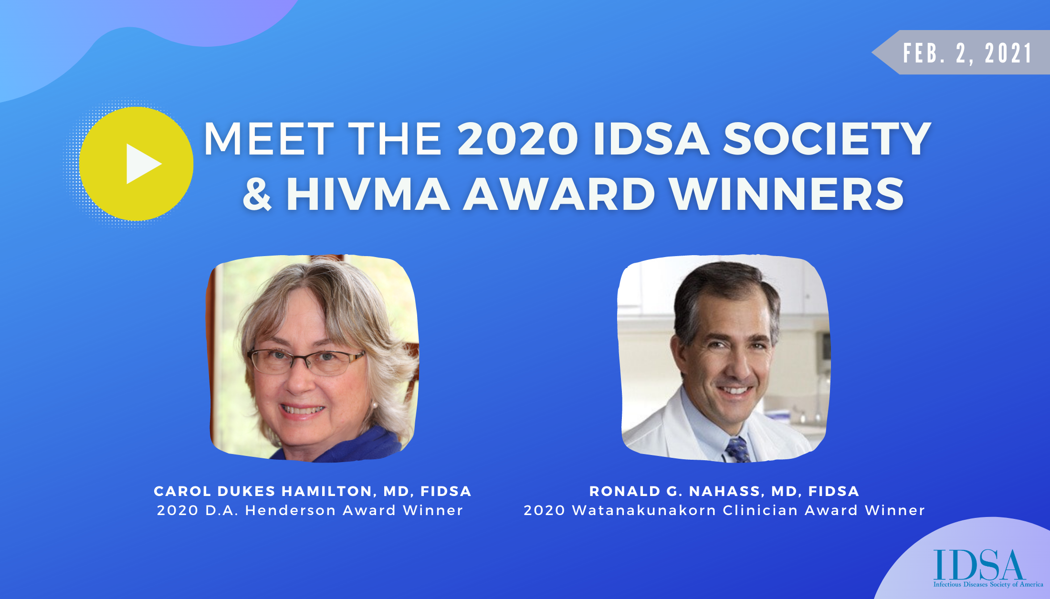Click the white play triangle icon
pos(142,164)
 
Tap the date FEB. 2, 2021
pos(968,53)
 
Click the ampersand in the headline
pos(257,194)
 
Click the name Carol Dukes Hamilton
pos(262,491)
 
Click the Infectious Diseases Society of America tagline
pos(988,584)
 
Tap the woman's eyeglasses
pos(306,361)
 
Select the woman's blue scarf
pos(344,446)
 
